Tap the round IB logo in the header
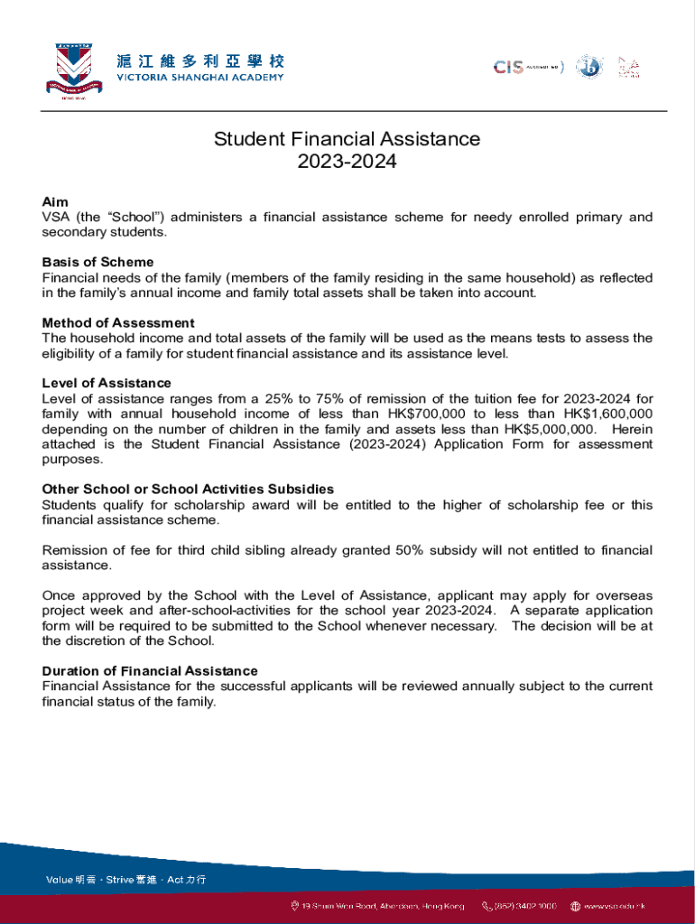tap(588, 67)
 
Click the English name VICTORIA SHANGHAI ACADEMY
tap(199, 78)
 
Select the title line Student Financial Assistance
tap(347, 139)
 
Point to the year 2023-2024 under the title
tap(347, 162)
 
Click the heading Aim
tap(55, 202)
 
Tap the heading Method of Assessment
tap(118, 323)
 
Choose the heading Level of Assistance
tap(107, 383)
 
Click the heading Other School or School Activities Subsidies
tap(188, 489)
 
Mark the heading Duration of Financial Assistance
tap(150, 670)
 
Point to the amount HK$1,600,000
tap(607, 414)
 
